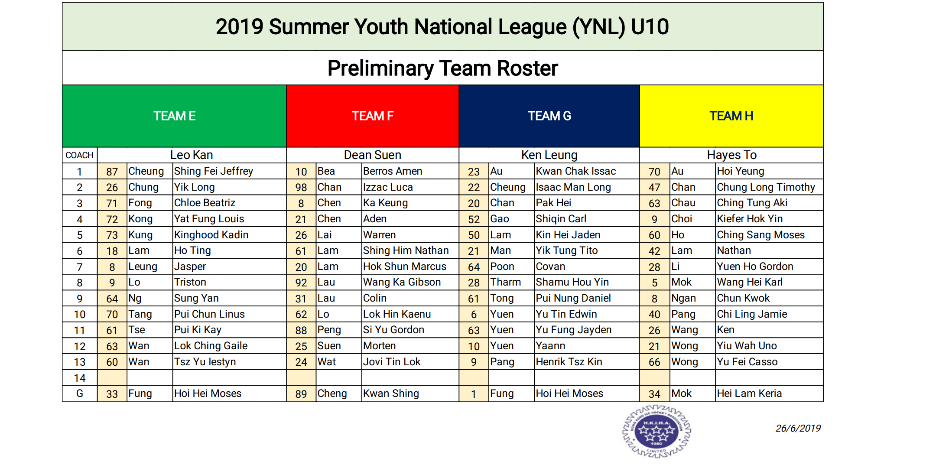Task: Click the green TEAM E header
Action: tap(174, 116)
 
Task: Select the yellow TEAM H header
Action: tap(731, 116)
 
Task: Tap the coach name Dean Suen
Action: tap(373, 155)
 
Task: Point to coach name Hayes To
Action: tap(732, 155)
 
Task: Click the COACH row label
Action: tap(80, 155)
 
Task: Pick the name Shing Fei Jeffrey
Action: tap(214, 171)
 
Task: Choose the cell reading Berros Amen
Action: tap(393, 171)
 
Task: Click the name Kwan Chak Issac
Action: tap(576, 171)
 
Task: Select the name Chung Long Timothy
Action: tap(766, 187)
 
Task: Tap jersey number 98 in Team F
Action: tap(301, 188)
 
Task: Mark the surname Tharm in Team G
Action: tap(506, 282)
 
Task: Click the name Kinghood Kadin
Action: tap(211, 235)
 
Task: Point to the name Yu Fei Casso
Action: tap(747, 362)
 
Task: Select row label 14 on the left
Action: tap(80, 378)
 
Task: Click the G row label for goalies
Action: tap(80, 393)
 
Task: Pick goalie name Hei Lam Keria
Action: tap(750, 393)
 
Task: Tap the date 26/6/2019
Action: tap(798, 428)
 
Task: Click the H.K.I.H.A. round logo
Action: tap(656, 431)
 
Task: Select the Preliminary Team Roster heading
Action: tap(443, 68)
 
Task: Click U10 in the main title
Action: tap(650, 27)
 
